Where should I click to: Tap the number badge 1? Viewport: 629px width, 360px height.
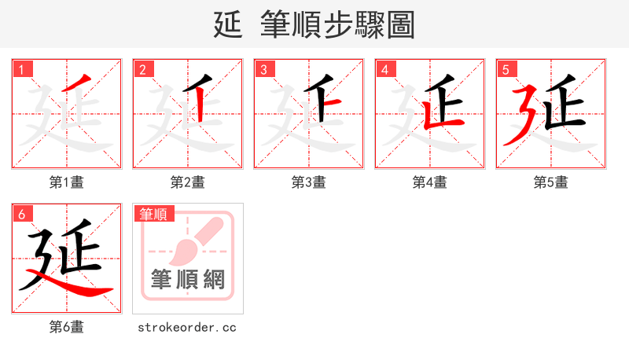point(21,69)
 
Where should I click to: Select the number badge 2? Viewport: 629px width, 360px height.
point(142,69)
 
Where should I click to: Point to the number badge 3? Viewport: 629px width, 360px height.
point(263,69)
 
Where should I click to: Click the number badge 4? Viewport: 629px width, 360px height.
point(384,69)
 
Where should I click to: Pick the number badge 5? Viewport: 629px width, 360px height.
point(506,69)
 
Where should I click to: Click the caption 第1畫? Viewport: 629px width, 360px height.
point(67,182)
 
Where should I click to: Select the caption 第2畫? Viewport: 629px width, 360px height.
point(188,182)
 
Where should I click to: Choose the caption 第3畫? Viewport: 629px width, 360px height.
point(309,182)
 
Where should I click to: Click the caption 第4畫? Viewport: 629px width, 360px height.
point(430,182)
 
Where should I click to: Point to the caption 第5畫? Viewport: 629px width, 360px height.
point(551,182)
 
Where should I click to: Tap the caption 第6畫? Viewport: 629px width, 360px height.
point(67,327)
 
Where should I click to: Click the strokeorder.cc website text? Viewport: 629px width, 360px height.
point(187,327)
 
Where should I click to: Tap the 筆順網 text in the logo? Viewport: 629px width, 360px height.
point(188,279)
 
